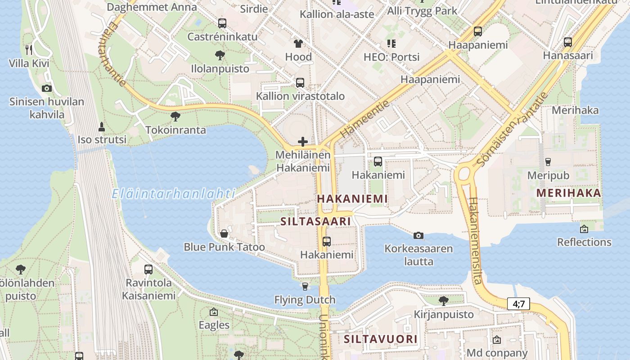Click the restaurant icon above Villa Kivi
(x=29, y=49)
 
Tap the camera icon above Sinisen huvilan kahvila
(x=46, y=88)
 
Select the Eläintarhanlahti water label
(x=173, y=194)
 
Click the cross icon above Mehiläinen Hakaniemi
(x=303, y=142)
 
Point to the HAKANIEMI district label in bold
(x=352, y=198)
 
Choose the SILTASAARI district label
(x=315, y=221)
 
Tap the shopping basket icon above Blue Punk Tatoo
(x=224, y=234)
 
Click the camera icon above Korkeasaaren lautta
(x=418, y=235)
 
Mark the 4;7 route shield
(x=518, y=304)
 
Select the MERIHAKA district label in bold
(x=569, y=193)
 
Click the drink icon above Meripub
(x=548, y=162)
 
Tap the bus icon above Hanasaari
(x=568, y=42)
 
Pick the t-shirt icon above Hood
(x=298, y=44)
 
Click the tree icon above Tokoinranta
(x=175, y=117)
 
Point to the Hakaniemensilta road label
(x=475, y=241)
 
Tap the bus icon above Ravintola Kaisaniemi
(x=148, y=270)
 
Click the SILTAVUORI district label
(x=381, y=339)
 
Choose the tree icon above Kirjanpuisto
(x=444, y=301)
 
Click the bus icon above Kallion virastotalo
(x=300, y=83)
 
